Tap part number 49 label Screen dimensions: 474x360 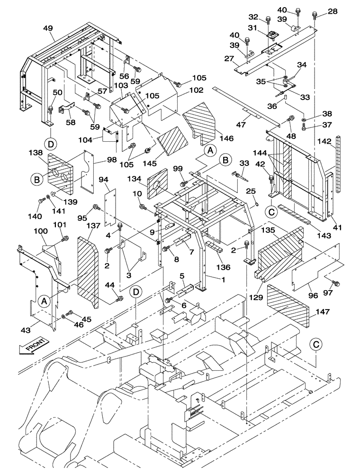[x=48, y=28]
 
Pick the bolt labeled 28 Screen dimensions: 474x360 [x=315, y=17]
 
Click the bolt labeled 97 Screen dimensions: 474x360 [x=337, y=283]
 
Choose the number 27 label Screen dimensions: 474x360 [x=230, y=59]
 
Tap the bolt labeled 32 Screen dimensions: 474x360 [x=268, y=20]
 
